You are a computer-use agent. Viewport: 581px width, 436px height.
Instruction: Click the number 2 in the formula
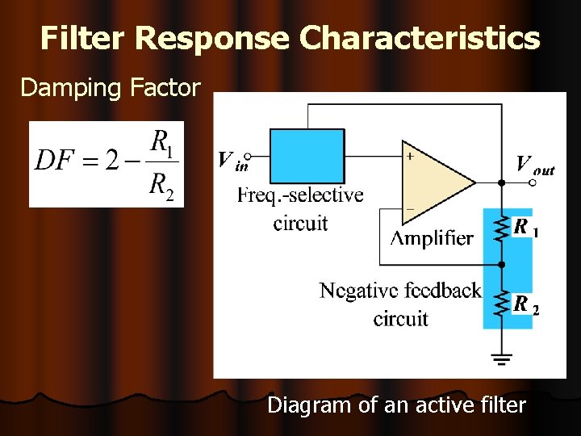click(112, 161)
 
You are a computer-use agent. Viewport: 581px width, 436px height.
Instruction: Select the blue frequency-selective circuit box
click(307, 156)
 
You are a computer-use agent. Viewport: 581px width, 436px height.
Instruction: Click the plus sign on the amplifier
click(411, 156)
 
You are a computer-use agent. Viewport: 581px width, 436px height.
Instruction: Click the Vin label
click(232, 161)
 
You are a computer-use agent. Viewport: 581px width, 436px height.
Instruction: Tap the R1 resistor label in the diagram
click(525, 228)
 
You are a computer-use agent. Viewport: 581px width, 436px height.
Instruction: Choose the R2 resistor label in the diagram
click(525, 305)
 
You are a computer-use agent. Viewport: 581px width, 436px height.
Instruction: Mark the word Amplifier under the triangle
click(432, 237)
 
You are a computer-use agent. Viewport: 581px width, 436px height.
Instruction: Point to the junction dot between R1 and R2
click(501, 264)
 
